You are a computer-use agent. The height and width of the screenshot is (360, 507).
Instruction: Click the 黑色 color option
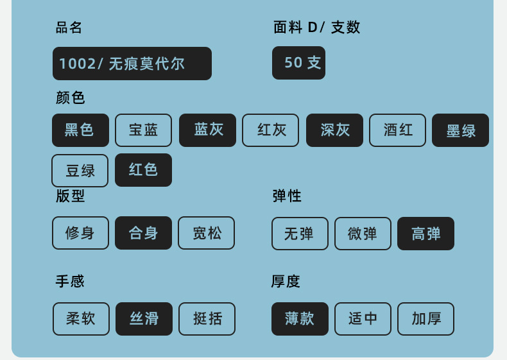80,130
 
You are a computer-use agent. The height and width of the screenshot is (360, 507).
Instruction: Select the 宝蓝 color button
143,130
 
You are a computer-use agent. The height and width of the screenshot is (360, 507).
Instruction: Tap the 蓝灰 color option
207,130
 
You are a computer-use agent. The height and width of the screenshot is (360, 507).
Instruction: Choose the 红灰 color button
270,130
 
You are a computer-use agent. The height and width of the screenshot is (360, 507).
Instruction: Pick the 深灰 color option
334,130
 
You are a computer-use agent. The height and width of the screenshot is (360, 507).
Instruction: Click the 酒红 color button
397,130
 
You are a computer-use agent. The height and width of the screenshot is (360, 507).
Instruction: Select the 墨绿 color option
460,130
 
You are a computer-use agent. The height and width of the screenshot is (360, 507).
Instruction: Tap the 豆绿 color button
80,170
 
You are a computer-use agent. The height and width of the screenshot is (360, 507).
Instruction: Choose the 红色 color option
143,170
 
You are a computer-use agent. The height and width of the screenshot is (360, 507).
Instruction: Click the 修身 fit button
80,233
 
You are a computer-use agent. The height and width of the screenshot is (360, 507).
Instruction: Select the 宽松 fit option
206,233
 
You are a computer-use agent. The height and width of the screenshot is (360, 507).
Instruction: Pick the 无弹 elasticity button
300,234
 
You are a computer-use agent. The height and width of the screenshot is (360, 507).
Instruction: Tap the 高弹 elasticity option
425,234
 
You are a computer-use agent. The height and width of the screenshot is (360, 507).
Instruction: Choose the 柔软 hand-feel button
81,319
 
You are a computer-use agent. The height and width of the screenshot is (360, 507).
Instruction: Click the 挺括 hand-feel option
207,319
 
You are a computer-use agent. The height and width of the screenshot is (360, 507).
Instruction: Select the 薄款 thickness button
300,319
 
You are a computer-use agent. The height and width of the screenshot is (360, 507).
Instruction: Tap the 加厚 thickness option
425,319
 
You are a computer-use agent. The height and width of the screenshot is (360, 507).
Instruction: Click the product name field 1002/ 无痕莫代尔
132,64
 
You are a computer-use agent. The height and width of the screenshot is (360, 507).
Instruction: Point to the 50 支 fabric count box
298,63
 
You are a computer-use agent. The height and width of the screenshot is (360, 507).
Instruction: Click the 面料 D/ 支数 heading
316,28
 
